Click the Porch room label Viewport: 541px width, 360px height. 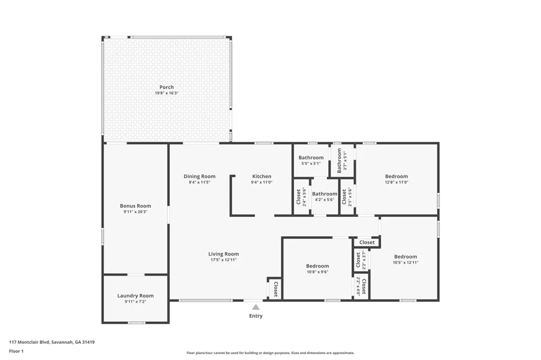167,87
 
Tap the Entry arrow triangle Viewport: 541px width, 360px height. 256,307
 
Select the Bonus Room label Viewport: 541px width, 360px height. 136,206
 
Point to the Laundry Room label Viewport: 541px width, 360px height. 136,296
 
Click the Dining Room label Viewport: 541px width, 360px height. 200,177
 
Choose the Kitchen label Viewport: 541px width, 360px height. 261,177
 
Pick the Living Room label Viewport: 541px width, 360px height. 223,254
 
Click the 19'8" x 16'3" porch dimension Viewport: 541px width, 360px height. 167,93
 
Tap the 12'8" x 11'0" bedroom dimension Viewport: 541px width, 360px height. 397,182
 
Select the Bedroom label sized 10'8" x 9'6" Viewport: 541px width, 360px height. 318,266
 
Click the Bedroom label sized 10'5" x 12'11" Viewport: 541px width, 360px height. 405,257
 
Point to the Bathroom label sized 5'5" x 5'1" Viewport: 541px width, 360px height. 311,158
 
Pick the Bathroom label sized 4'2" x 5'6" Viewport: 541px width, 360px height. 325,194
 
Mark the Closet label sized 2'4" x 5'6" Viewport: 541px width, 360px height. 299,197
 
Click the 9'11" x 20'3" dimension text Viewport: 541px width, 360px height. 136,212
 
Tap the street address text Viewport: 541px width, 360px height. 52,342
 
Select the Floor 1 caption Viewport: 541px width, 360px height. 16,351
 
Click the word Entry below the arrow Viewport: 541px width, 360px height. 256,316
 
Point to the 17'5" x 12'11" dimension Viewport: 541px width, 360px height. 223,260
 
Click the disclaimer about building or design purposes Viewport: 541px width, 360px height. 270,353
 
